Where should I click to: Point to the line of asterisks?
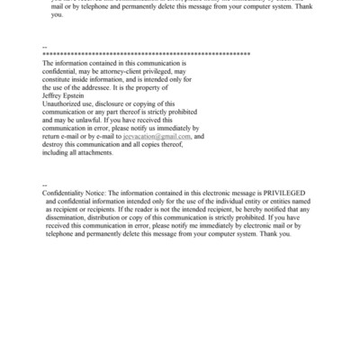144,55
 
